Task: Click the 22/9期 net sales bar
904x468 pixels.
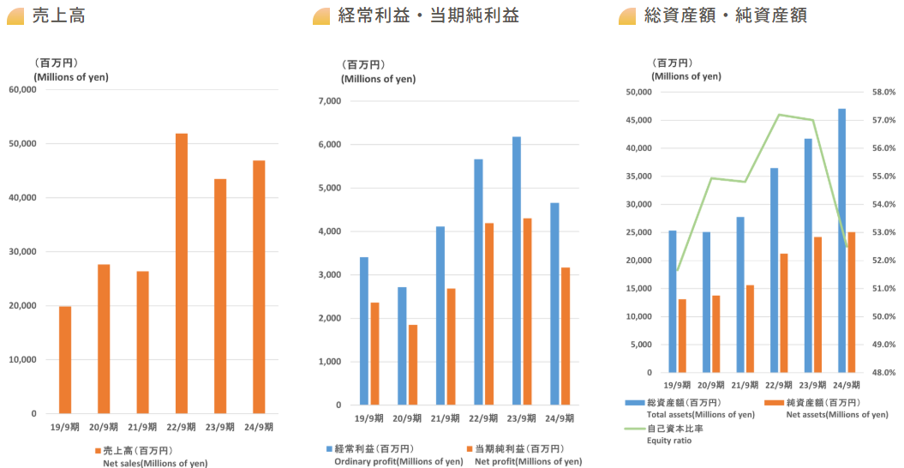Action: click(x=182, y=273)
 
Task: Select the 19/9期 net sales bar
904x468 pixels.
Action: click(x=65, y=360)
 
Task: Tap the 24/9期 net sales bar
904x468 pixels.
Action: click(x=259, y=287)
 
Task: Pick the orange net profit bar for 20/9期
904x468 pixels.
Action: click(x=412, y=365)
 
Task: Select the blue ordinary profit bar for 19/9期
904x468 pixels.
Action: click(x=364, y=331)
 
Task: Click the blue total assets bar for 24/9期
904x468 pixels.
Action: click(x=841, y=241)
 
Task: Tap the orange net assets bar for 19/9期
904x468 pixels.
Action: click(x=682, y=336)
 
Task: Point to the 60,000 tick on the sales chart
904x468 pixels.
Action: click(x=22, y=89)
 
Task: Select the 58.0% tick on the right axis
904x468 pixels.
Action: click(x=883, y=92)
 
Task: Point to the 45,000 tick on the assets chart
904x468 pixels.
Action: click(x=640, y=120)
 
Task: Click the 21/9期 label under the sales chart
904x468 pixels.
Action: click(x=142, y=427)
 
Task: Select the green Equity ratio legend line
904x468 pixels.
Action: click(x=634, y=429)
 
